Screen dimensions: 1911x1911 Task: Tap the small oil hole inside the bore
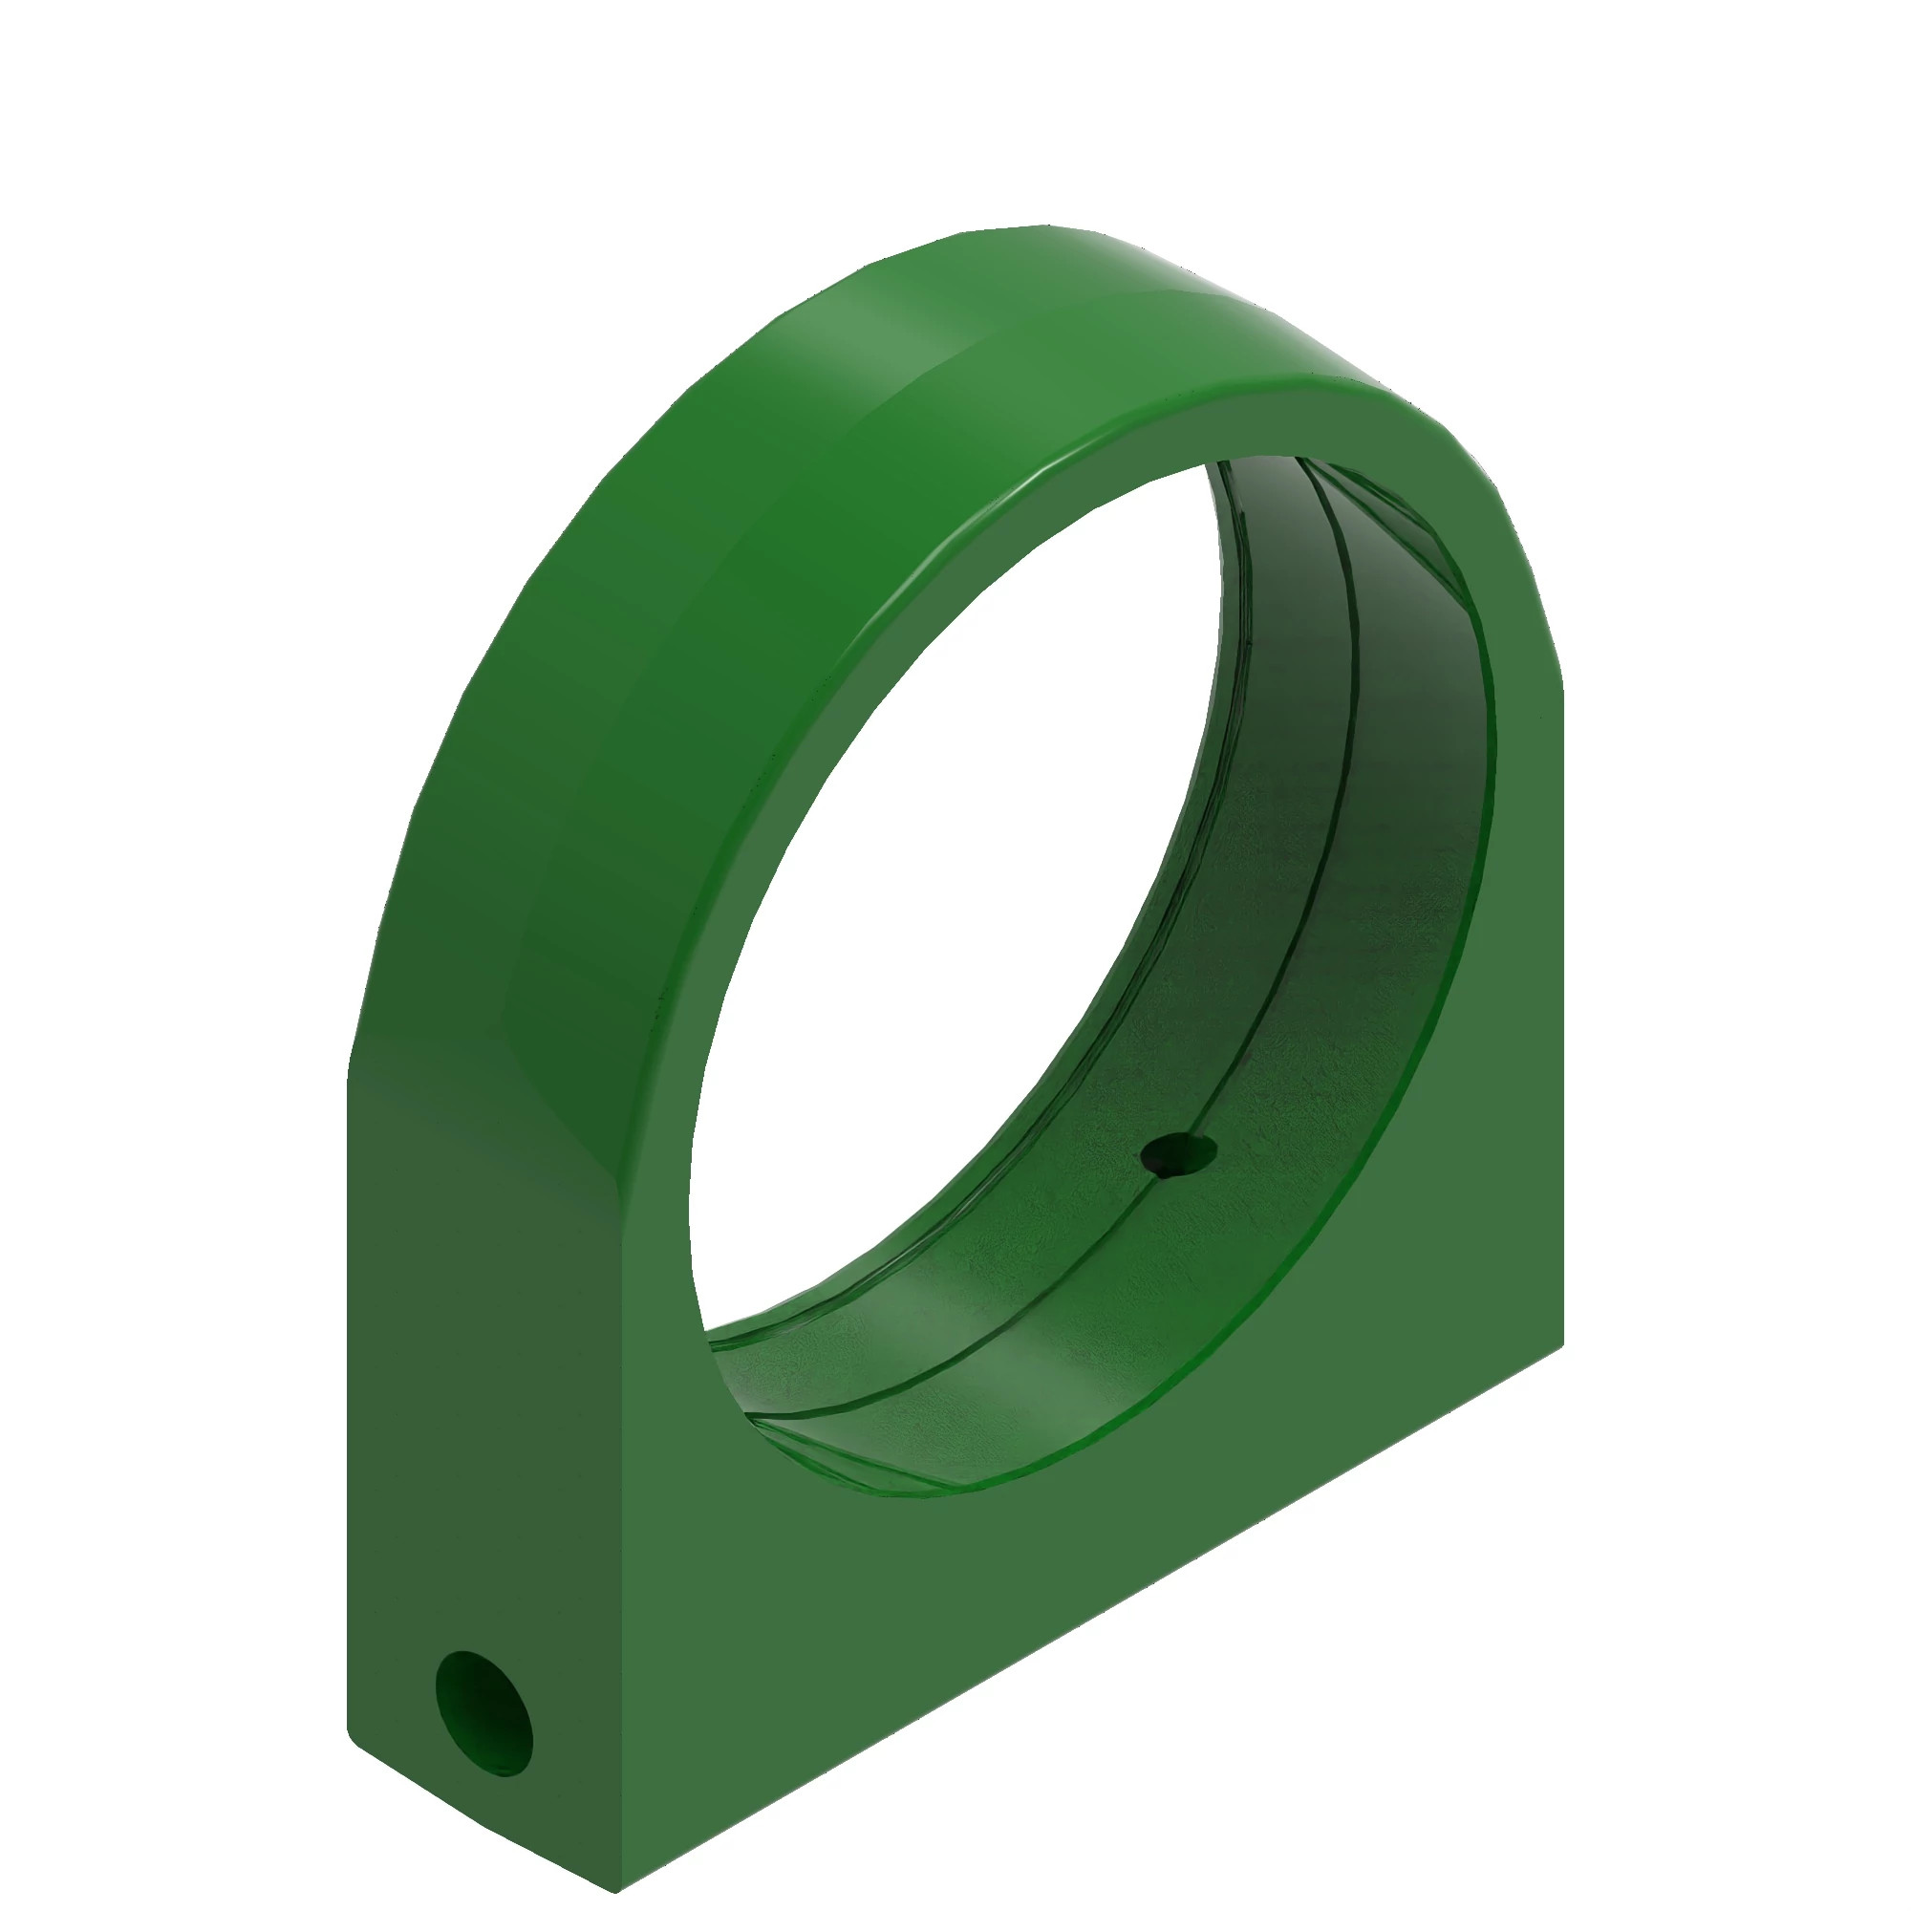pos(1178,1153)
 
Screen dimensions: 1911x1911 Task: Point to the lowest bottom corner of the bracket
pos(618,1890)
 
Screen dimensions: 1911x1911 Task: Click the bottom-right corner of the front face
pos(1563,1345)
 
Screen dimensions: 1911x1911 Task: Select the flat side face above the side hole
pos(475,1385)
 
